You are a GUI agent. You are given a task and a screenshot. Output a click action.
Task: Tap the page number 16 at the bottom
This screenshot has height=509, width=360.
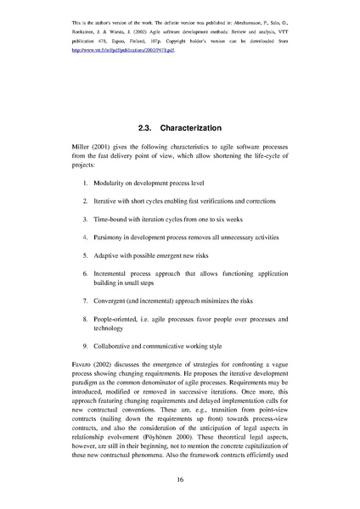180,479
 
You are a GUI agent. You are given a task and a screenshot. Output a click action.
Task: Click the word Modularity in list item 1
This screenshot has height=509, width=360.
114,182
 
